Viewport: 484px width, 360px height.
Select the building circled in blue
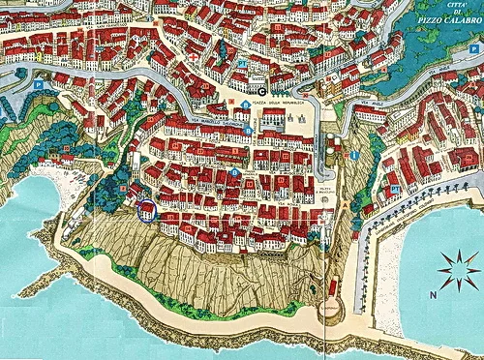click(x=146, y=210)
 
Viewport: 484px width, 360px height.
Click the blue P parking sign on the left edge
click(x=38, y=85)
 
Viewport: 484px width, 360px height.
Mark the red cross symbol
click(x=193, y=56)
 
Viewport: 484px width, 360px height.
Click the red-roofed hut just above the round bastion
click(x=334, y=287)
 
